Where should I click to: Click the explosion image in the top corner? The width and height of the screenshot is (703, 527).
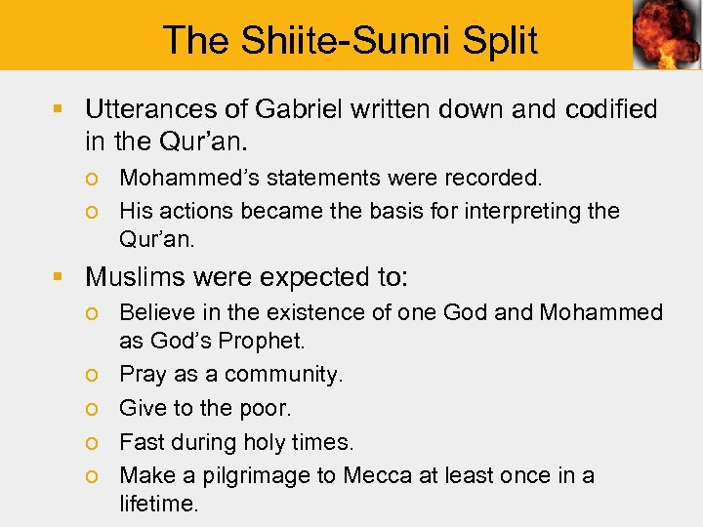[x=666, y=35]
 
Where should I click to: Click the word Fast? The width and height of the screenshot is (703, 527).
[x=138, y=442]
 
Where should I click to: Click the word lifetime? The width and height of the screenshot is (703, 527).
[x=158, y=504]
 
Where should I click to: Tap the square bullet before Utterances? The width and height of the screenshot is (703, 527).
[x=62, y=109]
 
